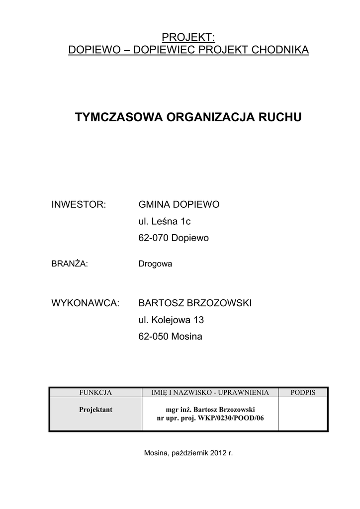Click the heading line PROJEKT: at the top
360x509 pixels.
click(x=188, y=37)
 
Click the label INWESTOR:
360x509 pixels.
click(x=79, y=205)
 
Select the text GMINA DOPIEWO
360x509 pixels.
click(x=179, y=205)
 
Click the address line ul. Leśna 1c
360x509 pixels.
click(x=165, y=222)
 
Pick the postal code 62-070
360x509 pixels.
click(x=153, y=239)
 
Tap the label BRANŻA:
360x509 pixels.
click(x=70, y=264)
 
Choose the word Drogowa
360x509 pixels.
click(x=155, y=264)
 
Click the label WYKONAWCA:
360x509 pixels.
click(x=86, y=303)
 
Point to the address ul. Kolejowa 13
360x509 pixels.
click(x=171, y=320)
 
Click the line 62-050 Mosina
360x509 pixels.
click(x=171, y=337)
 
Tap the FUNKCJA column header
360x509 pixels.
click(x=95, y=393)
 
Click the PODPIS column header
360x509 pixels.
click(x=303, y=393)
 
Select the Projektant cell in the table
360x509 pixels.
click(x=95, y=410)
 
